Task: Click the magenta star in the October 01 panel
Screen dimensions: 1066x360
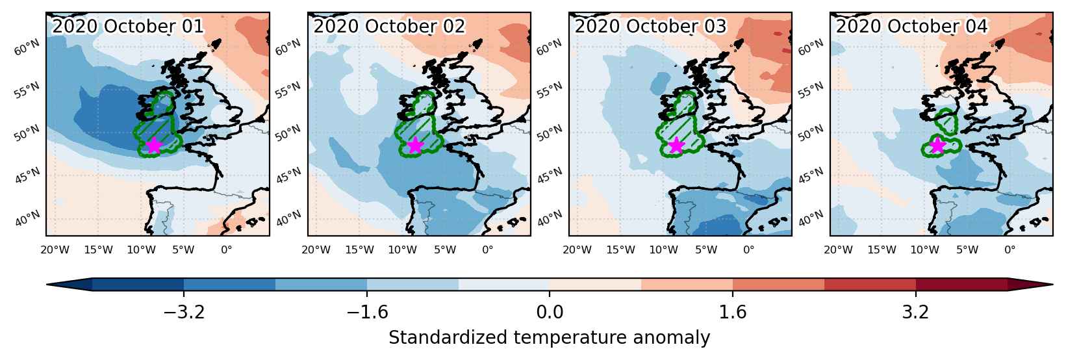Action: point(154,146)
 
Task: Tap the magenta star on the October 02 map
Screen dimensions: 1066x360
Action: point(416,146)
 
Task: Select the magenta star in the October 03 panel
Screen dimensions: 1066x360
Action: point(676,146)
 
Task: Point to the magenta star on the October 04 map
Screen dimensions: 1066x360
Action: point(937,146)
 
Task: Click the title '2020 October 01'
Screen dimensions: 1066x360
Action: point(127,26)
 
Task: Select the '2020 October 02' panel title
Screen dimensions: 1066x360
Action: point(389,26)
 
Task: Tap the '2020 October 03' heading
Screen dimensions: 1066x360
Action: point(650,26)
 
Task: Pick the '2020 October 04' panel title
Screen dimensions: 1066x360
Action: point(911,26)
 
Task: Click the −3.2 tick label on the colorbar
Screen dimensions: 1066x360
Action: point(184,313)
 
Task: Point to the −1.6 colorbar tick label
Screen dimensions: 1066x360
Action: point(367,313)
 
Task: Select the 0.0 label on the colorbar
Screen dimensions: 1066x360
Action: point(550,313)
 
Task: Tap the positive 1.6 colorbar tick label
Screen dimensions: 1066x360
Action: point(732,313)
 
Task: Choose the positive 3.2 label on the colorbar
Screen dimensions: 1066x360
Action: point(916,313)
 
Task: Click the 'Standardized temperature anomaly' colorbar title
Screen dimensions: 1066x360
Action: point(549,338)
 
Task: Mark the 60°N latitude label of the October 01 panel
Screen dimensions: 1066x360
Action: point(27,47)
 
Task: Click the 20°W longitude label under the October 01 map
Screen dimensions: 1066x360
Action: point(55,250)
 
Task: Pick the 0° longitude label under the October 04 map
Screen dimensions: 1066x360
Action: point(1010,250)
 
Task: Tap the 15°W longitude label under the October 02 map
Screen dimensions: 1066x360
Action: point(359,250)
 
